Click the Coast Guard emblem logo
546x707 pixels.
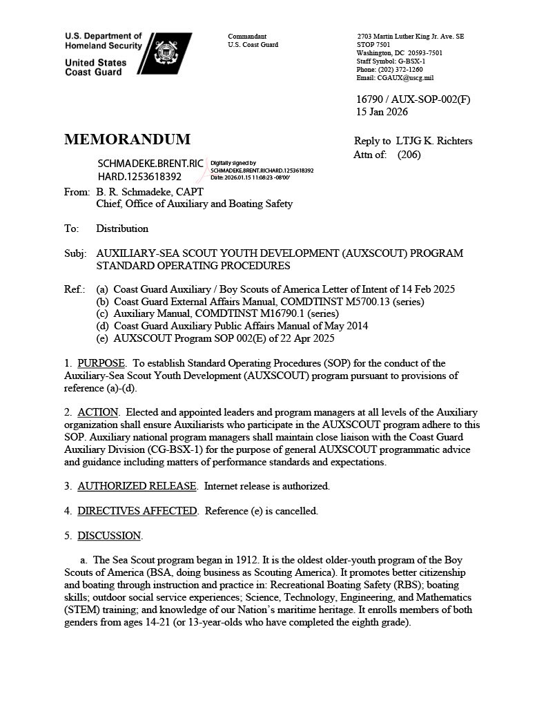(166, 53)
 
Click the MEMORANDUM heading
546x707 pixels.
(127, 139)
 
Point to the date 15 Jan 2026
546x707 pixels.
(382, 112)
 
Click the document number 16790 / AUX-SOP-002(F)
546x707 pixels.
(413, 99)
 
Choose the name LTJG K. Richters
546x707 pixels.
(434, 141)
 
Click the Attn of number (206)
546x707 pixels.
(409, 155)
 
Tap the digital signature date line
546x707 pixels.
(250, 177)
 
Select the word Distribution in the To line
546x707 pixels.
(122, 229)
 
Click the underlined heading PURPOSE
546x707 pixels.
(101, 363)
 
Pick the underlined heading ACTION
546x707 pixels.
(97, 412)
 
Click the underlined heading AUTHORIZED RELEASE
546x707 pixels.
(137, 486)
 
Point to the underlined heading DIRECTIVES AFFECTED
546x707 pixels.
(137, 511)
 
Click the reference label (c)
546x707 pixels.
(102, 313)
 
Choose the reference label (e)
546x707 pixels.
(102, 338)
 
